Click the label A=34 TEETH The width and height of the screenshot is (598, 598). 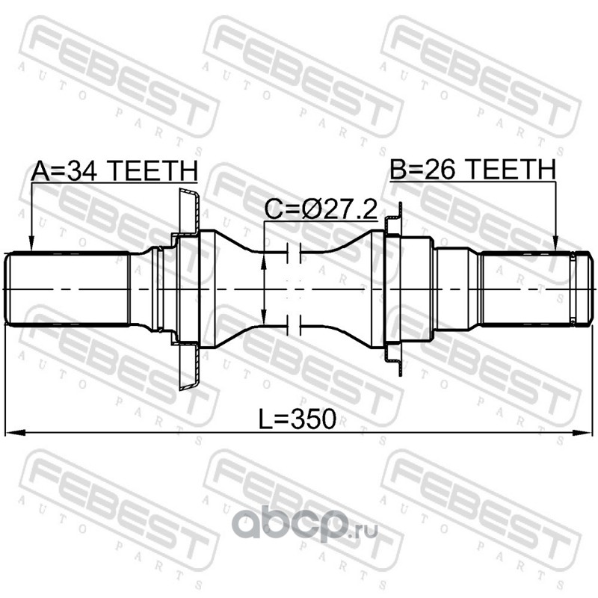[x=114, y=170]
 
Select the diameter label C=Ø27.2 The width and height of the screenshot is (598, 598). [x=321, y=209]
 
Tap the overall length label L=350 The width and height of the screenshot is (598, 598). [x=298, y=419]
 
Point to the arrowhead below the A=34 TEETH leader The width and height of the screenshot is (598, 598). [x=31, y=244]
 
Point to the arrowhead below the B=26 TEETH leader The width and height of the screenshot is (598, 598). [x=555, y=244]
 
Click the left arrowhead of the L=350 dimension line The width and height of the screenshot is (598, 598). [x=14, y=433]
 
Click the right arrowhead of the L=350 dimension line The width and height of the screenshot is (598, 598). [x=582, y=433]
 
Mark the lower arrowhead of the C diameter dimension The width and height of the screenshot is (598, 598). [x=263, y=316]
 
